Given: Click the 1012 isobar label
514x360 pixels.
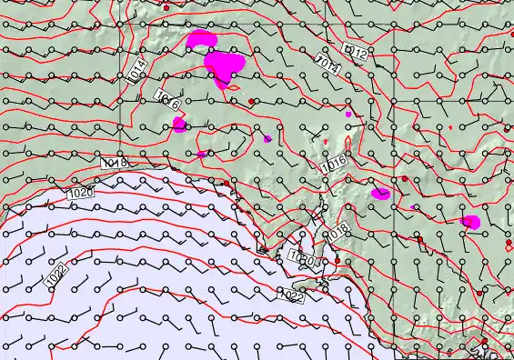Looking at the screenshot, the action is (358, 55).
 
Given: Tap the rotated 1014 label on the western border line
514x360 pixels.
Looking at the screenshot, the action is (136, 71).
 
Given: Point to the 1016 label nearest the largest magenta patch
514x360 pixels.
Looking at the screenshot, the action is (166, 99).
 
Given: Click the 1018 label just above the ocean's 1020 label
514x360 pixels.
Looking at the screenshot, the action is (115, 162).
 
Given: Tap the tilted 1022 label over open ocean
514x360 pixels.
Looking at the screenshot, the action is (55, 274).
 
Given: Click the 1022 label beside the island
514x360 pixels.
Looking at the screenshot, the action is (291, 295).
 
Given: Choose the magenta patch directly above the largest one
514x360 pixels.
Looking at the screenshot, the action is (201, 40).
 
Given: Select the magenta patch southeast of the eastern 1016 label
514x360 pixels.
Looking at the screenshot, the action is (381, 193).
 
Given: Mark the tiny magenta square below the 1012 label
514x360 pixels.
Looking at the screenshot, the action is (348, 115).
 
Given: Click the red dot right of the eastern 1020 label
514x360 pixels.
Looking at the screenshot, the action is (337, 260).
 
